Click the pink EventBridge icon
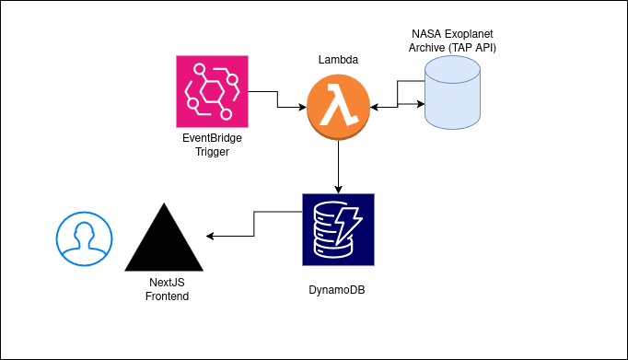214,91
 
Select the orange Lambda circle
339,108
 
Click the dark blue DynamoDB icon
338,229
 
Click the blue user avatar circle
82,238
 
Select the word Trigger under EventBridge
214,152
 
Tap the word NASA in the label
426,32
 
